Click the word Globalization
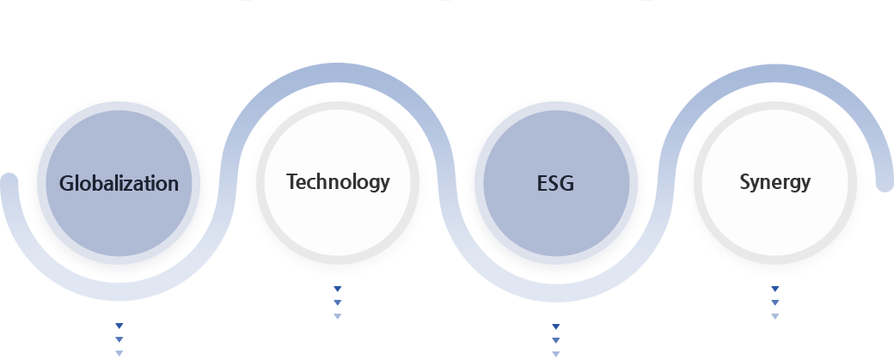119,183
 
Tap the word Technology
338,181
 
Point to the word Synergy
775,182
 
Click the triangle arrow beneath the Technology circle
338,290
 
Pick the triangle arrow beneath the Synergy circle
775,290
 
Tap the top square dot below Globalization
119,326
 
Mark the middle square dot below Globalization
119,340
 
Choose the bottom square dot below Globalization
119,353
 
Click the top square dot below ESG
556,327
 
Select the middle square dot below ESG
556,340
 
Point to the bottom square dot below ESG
556,353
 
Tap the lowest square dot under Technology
338,316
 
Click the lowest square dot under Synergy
775,316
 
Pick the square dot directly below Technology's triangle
338,302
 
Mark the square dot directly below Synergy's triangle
775,302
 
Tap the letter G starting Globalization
65,183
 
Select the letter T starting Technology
291,181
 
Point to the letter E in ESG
541,183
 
